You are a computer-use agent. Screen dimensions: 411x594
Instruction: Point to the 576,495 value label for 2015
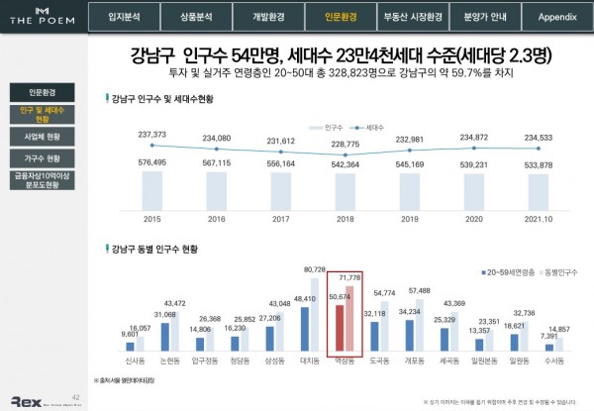151,163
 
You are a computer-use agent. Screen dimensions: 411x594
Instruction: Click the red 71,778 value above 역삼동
351,282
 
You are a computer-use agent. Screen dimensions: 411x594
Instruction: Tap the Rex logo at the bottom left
24,399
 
